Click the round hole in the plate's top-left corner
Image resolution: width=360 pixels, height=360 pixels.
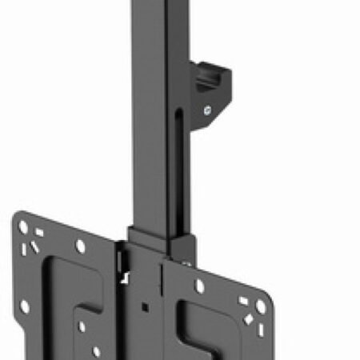[23, 228]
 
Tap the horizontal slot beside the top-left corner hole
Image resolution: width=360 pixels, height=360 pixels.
[39, 232]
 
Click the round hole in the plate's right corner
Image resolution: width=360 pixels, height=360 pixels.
[261, 306]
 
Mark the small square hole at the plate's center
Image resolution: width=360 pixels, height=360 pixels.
[143, 306]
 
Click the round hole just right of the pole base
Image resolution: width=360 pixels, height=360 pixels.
[199, 286]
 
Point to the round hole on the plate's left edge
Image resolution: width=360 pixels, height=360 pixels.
[25, 306]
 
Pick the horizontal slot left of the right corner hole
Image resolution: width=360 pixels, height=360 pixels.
[243, 300]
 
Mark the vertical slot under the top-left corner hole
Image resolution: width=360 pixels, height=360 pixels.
[23, 250]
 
